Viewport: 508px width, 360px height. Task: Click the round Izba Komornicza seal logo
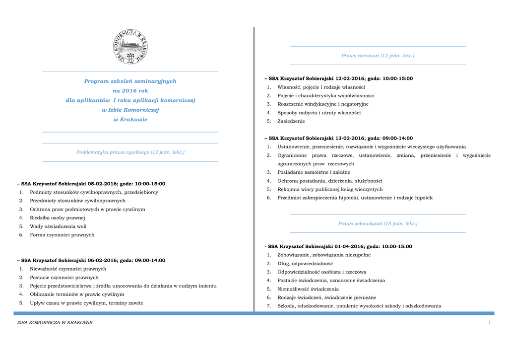click(130, 47)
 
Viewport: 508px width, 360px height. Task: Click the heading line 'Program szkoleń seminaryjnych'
click(130, 81)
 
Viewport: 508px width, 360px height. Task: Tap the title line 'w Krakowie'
click(130, 119)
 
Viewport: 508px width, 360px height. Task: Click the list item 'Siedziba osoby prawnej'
click(58, 217)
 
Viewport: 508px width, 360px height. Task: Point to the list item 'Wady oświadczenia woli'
click(58, 226)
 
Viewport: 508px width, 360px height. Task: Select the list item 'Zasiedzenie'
click(291, 121)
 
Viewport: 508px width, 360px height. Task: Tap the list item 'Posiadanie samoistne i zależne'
click(314, 172)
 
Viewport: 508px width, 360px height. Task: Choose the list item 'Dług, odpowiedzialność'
click(305, 263)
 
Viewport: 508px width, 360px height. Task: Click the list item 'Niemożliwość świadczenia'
click(308, 289)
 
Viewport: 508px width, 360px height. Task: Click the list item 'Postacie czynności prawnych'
click(64, 277)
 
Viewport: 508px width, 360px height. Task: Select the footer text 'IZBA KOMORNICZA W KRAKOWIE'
click(55, 323)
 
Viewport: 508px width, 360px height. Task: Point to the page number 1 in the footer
click(489, 323)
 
